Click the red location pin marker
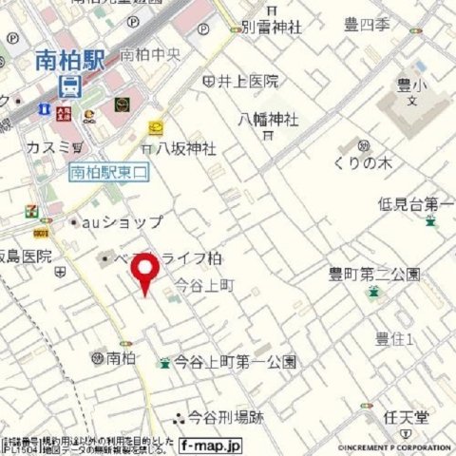[x=144, y=272]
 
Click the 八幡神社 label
[x=269, y=121]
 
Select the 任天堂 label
[x=407, y=413]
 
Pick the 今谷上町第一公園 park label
[x=234, y=362]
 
